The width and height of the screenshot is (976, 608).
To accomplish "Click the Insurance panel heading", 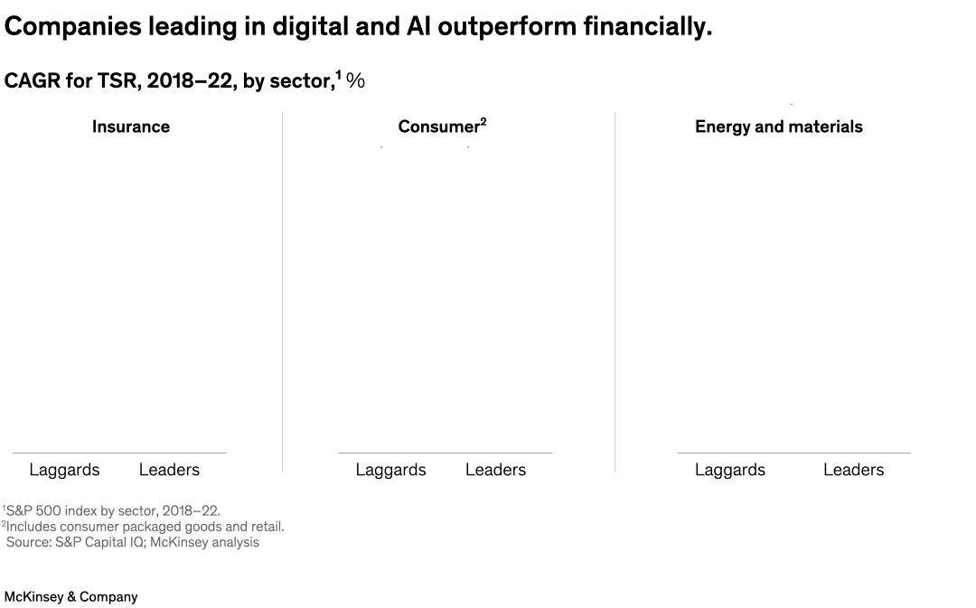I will (x=130, y=126).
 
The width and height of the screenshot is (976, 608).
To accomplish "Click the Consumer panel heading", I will (x=437, y=127).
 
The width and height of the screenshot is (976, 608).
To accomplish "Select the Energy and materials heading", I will (x=778, y=126).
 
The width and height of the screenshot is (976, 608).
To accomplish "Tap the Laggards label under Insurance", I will (x=64, y=470).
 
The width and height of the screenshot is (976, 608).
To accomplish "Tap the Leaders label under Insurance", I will (x=169, y=470).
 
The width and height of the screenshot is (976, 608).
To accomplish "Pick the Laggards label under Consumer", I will (x=390, y=470).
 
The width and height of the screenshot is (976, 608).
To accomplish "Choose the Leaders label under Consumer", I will (x=495, y=470).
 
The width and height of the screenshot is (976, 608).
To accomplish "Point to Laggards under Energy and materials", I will (x=729, y=470).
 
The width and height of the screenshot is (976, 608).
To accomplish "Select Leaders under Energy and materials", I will (x=853, y=470).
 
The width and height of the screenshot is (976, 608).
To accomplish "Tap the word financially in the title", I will (x=647, y=28).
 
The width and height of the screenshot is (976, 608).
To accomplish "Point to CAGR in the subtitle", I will (x=33, y=81).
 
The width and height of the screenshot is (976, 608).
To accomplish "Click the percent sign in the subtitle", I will (x=355, y=81).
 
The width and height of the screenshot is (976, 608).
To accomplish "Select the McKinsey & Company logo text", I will (x=70, y=597).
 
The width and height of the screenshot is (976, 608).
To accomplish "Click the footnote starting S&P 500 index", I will (x=113, y=510).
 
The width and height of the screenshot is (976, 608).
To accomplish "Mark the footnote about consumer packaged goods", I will (x=145, y=526).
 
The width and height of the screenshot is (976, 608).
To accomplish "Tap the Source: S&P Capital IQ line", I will (x=132, y=542).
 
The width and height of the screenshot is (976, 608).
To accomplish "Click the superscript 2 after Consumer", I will (x=483, y=121).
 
